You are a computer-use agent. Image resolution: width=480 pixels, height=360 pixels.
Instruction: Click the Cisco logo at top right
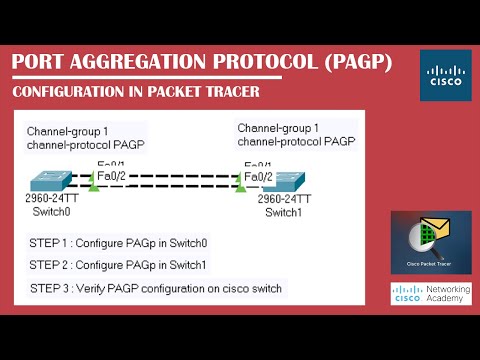coord(442,76)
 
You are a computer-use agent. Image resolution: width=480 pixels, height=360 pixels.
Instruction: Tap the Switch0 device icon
coord(59,182)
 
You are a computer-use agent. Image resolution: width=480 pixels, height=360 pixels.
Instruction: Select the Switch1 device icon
coord(286,182)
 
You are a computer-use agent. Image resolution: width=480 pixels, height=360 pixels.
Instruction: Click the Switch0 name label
coord(52,211)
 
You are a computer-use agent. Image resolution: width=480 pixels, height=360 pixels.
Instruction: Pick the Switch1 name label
coord(284,212)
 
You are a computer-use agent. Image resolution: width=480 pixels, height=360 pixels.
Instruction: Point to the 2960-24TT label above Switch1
coord(284,199)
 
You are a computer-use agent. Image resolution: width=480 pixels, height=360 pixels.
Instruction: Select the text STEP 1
coord(50,243)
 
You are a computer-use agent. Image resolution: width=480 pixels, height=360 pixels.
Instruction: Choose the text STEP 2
coord(50,265)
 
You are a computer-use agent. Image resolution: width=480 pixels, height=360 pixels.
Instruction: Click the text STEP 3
coord(50,288)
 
